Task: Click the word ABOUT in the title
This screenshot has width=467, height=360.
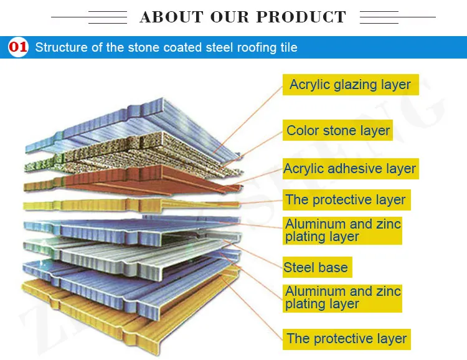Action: pyautogui.click(x=171, y=17)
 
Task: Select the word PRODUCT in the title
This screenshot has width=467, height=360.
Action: pyautogui.click(x=301, y=17)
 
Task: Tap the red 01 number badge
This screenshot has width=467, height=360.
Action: pyautogui.click(x=18, y=47)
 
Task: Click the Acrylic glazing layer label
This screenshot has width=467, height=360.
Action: pyautogui.click(x=351, y=85)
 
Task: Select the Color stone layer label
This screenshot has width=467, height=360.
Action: pyautogui.click(x=337, y=130)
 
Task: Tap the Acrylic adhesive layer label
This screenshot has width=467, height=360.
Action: pyautogui.click(x=351, y=169)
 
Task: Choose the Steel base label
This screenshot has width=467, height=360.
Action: pyautogui.click(x=317, y=267)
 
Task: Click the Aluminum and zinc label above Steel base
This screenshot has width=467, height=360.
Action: pyautogui.click(x=342, y=230)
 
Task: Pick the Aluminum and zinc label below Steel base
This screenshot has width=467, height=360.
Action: pyautogui.click(x=342, y=298)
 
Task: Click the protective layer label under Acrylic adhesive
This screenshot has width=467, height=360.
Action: pyautogui.click(x=346, y=200)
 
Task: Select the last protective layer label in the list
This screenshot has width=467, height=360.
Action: pyautogui.click(x=346, y=339)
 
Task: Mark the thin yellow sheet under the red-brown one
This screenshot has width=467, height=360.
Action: pyautogui.click(x=131, y=204)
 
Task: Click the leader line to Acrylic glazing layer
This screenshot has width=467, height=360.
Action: pyautogui.click(x=248, y=120)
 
